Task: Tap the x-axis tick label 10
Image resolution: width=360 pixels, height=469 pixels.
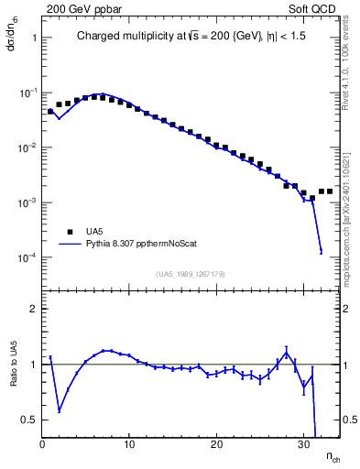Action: pos(129,444)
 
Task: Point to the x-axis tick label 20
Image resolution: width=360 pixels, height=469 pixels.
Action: pos(216,444)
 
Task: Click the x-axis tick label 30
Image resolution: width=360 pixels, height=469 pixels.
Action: pos(302,444)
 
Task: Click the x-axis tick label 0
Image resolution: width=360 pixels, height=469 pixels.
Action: pos(42,444)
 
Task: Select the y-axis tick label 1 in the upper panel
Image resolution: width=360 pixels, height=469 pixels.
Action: pos(33,38)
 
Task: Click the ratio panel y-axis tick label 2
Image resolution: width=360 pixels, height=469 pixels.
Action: pos(33,309)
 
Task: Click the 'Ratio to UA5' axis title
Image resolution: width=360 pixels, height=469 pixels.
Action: pos(13,378)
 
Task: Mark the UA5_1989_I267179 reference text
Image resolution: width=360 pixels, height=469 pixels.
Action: pos(191,273)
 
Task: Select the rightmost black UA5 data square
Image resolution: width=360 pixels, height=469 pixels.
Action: pos(330,191)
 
